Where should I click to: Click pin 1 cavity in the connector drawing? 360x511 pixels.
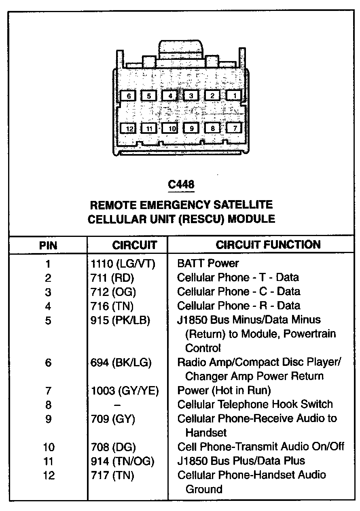(x=234, y=95)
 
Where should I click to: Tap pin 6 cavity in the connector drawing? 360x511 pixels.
(x=129, y=96)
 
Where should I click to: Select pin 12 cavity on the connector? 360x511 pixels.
(x=129, y=129)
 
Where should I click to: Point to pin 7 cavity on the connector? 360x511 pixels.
(x=235, y=128)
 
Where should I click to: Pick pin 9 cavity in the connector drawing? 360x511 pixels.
(x=192, y=129)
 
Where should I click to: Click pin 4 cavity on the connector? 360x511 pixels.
(x=170, y=96)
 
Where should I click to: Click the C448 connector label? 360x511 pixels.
(x=181, y=185)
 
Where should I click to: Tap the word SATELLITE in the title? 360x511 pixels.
(x=242, y=205)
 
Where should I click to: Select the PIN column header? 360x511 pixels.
(x=48, y=245)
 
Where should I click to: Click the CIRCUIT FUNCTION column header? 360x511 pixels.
(x=268, y=245)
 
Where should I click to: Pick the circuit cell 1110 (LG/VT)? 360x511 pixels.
(x=123, y=264)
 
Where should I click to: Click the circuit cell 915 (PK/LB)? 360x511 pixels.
(x=120, y=320)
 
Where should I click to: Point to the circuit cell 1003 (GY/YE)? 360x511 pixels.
(x=124, y=391)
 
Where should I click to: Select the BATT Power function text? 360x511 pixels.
(x=208, y=264)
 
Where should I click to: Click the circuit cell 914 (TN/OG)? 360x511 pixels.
(x=122, y=461)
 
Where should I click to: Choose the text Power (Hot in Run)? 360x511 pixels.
(x=224, y=391)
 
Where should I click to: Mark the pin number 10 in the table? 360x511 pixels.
(x=48, y=447)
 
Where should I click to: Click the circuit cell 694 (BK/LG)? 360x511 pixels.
(x=121, y=363)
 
